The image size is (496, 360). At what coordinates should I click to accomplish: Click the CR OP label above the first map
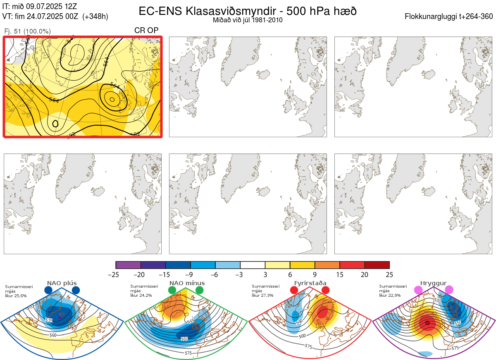click(x=146, y=31)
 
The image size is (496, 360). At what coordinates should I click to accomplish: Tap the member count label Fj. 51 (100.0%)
click(x=27, y=31)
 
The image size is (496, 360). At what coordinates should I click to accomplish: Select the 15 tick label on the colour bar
click(x=340, y=274)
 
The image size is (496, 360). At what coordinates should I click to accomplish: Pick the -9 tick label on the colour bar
click(x=191, y=274)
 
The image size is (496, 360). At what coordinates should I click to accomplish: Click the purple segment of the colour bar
click(x=128, y=265)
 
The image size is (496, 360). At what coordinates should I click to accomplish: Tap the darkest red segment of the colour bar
click(x=377, y=265)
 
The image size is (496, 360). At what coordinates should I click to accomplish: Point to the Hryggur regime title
click(x=434, y=283)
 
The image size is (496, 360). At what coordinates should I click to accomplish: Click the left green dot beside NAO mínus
click(x=172, y=291)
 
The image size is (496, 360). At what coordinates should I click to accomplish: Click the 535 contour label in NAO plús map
click(x=49, y=320)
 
